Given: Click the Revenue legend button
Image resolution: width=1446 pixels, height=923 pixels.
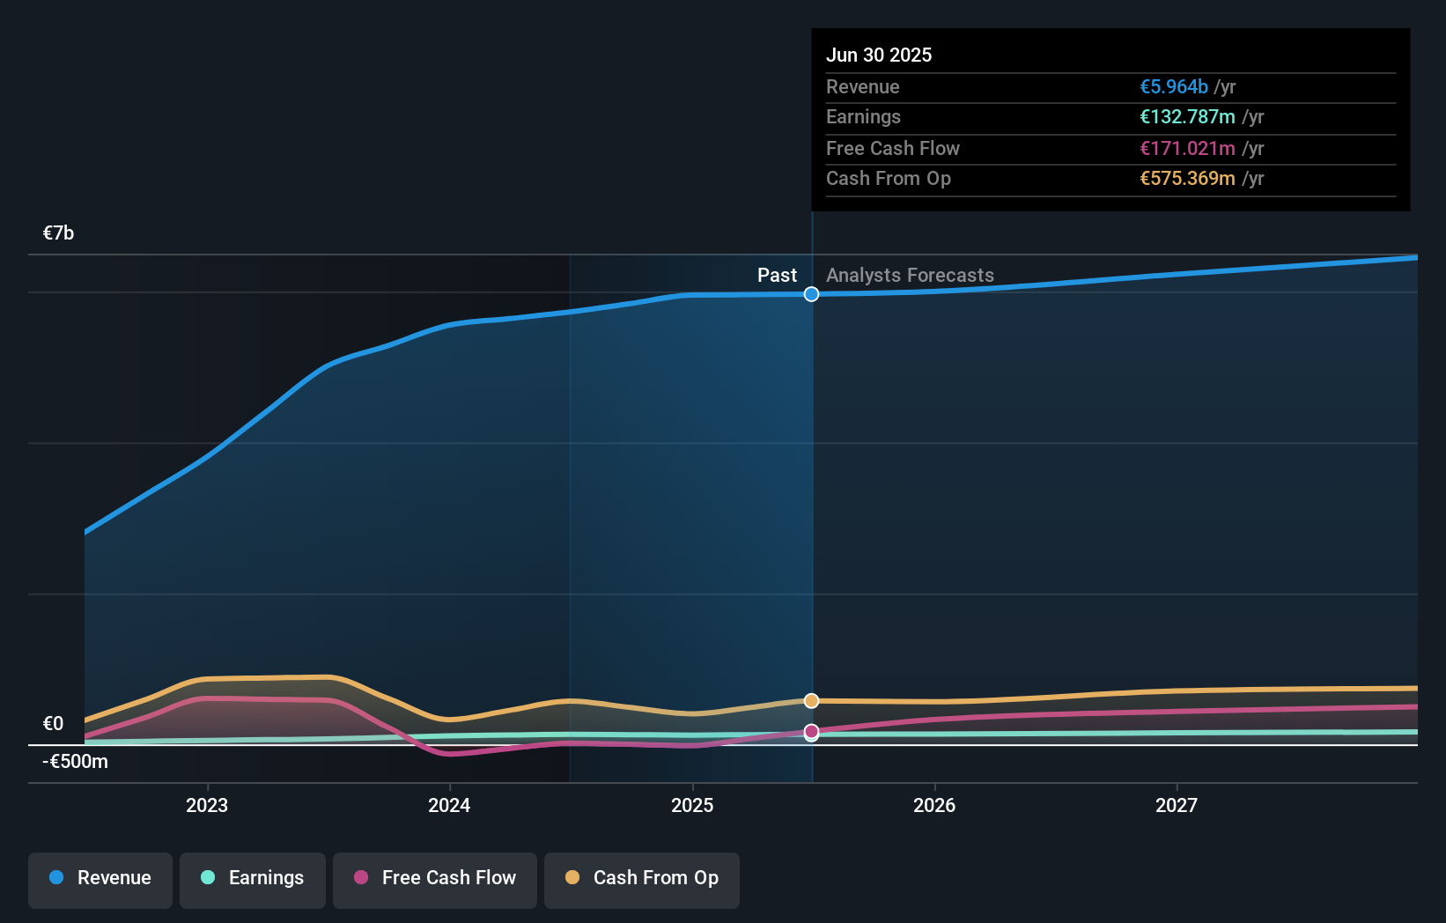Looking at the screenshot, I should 100,879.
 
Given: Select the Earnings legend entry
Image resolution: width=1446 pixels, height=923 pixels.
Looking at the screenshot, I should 253,879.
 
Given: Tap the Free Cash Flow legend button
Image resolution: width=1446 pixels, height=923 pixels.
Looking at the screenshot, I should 435,879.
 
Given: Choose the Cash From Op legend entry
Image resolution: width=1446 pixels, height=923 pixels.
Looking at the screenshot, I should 642,879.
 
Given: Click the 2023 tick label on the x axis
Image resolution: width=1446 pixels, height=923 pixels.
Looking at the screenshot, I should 207,805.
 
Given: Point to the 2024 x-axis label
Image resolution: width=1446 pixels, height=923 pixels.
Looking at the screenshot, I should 449,805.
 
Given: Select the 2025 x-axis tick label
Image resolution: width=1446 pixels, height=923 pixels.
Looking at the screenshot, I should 692,805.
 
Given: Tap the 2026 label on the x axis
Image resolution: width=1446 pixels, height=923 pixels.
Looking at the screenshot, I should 934,805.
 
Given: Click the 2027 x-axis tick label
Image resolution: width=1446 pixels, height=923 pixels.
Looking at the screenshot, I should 1177,805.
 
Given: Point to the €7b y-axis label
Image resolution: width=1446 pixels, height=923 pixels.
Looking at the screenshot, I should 58,233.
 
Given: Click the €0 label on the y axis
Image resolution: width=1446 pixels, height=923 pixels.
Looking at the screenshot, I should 53,723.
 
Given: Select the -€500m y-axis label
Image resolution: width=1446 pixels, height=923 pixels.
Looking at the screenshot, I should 75,761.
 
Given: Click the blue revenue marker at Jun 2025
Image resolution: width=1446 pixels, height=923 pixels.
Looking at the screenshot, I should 811,294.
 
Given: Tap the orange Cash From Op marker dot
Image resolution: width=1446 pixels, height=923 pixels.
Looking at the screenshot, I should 811,701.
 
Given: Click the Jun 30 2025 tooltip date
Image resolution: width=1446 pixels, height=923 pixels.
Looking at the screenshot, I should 879,55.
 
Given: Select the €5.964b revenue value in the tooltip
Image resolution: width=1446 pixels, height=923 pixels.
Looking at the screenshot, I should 1173,86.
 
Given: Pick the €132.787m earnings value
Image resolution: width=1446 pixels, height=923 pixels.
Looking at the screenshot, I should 1187,116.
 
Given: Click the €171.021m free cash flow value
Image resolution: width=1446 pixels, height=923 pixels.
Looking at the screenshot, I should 1187,148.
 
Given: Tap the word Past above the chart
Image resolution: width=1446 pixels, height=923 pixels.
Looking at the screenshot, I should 777,275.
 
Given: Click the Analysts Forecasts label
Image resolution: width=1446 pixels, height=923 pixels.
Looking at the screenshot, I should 910,275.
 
